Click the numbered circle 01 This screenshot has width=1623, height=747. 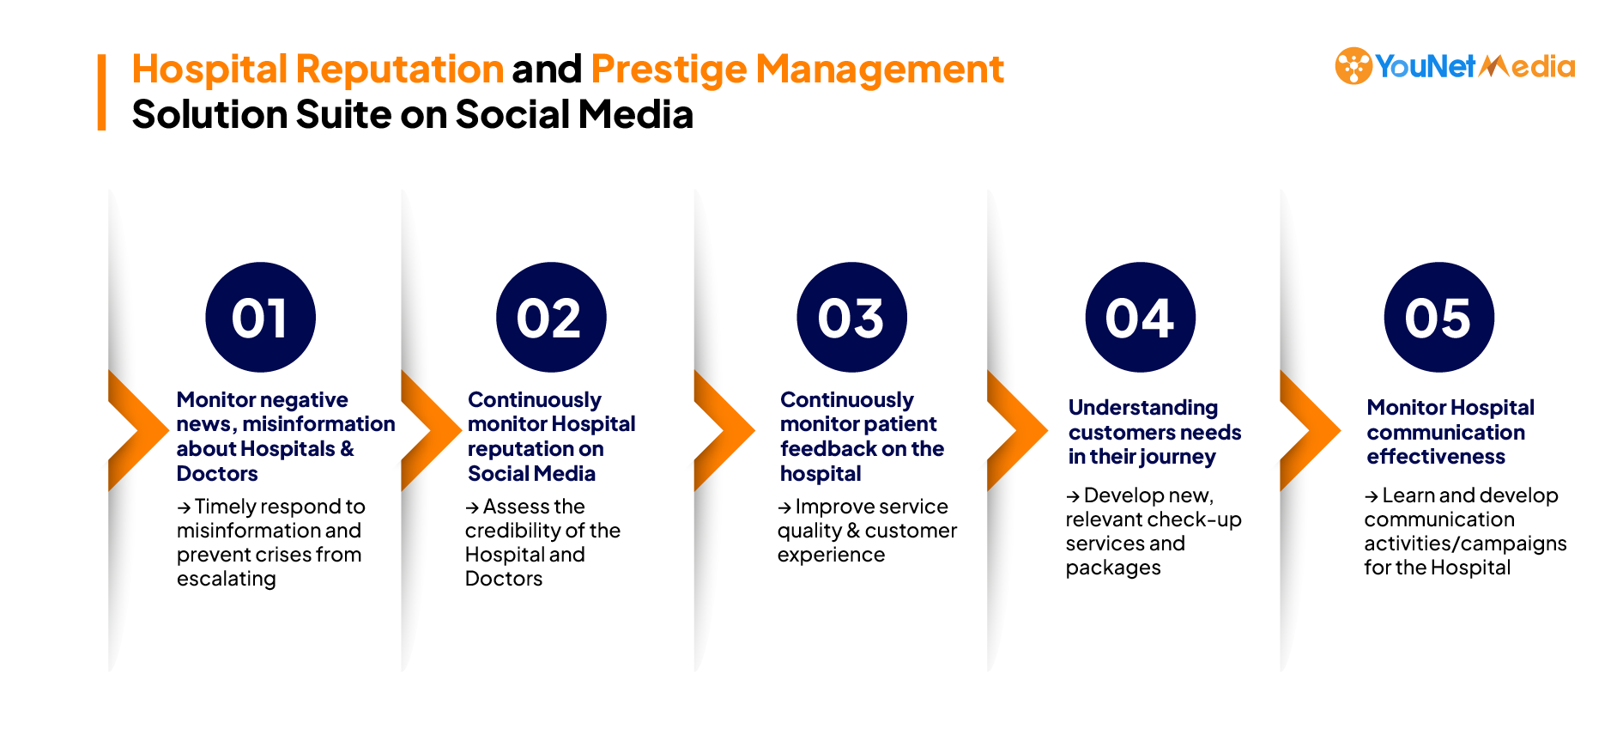[261, 317]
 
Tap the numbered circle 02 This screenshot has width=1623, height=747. [551, 317]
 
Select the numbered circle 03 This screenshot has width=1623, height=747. [851, 317]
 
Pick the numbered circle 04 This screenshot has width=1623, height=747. [1141, 317]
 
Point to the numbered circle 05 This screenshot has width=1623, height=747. [1439, 317]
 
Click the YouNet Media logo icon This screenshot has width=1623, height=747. [1354, 66]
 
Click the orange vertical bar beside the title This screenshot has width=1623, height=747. [101, 93]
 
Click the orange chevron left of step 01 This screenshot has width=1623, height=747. [138, 430]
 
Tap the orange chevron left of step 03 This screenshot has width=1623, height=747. [724, 430]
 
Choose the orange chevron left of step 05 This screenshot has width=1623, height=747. [1310, 430]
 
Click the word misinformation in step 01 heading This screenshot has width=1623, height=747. [318, 424]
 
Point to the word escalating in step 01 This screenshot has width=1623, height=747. [227, 580]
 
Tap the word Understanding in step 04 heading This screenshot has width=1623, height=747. [1143, 409]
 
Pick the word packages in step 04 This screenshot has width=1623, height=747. [1113, 568]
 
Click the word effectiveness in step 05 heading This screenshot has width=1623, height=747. [1436, 457]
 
